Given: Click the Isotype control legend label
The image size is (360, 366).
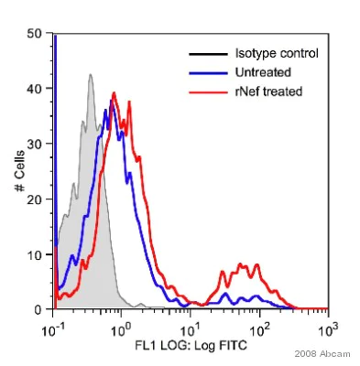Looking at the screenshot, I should (x=274, y=54).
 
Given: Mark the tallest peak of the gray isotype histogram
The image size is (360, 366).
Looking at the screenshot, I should (x=91, y=75).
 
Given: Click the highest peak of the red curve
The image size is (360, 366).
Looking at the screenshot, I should (x=114, y=92).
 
